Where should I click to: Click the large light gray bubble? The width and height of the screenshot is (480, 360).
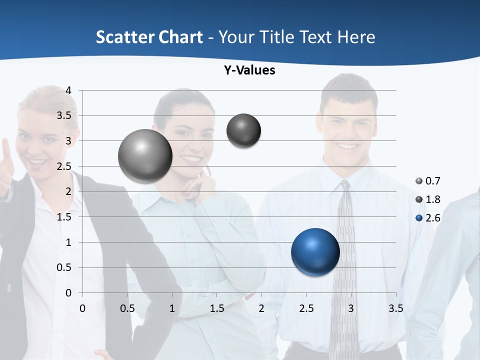[x=145, y=156]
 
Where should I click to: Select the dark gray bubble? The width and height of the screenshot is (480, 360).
[x=244, y=131]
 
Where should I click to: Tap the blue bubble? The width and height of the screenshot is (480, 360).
[x=315, y=252]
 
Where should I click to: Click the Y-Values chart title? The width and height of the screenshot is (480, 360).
[x=249, y=70]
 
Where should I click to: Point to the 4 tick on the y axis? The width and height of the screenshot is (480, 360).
[x=69, y=90]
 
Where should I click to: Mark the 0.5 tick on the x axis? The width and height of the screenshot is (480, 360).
[x=127, y=308]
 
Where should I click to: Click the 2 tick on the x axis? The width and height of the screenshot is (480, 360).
[x=261, y=308]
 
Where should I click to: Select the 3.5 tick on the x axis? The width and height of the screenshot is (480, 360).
[x=395, y=308]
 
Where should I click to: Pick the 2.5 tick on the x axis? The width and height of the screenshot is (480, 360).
[x=306, y=308]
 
